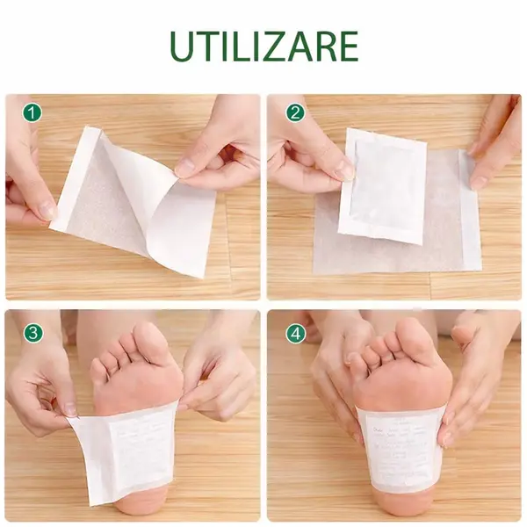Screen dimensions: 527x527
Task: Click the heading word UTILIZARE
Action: click(x=263, y=46)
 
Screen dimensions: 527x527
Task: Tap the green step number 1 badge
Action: click(x=32, y=113)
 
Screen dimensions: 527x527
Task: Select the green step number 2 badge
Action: click(x=295, y=113)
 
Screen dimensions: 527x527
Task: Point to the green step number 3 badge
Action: click(x=32, y=332)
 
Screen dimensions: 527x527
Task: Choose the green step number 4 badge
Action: click(x=295, y=332)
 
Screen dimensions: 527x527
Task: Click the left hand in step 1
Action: click(x=31, y=176)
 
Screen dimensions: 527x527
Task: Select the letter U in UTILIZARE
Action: click(x=184, y=46)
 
